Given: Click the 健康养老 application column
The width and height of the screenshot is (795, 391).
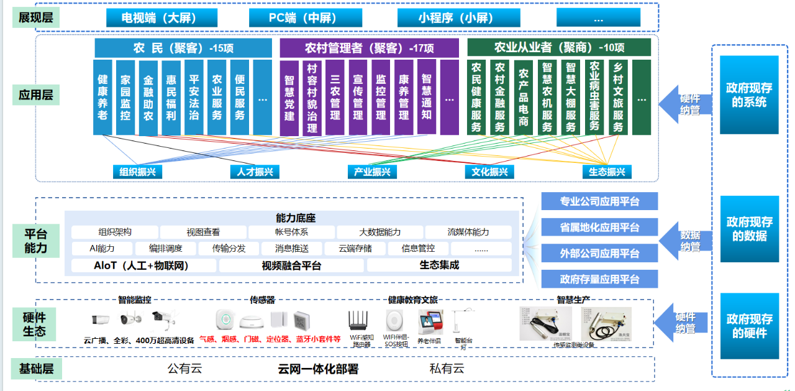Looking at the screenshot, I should click(102, 97).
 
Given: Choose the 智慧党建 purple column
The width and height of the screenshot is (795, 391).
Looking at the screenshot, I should click(289, 98).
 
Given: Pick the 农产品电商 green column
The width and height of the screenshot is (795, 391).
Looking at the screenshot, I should click(524, 97).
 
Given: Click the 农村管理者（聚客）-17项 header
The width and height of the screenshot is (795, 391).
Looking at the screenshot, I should click(369, 48).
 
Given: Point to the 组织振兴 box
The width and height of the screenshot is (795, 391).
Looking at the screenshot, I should click(138, 172).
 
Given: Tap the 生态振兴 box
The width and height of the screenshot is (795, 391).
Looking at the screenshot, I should click(607, 172).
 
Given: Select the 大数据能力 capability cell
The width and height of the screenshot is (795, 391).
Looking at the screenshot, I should click(379, 232).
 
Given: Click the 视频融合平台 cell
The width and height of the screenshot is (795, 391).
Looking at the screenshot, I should click(291, 265).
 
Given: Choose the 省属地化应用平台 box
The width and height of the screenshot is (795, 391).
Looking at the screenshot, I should click(599, 228).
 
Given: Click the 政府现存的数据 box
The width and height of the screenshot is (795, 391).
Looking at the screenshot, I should click(749, 229).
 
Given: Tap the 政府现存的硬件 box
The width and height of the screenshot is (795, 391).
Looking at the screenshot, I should click(749, 326).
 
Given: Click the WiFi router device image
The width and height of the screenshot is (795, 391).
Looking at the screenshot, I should click(358, 320).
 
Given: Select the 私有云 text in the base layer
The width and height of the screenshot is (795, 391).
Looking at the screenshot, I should click(447, 369).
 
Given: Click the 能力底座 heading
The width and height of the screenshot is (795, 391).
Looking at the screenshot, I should click(296, 218).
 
